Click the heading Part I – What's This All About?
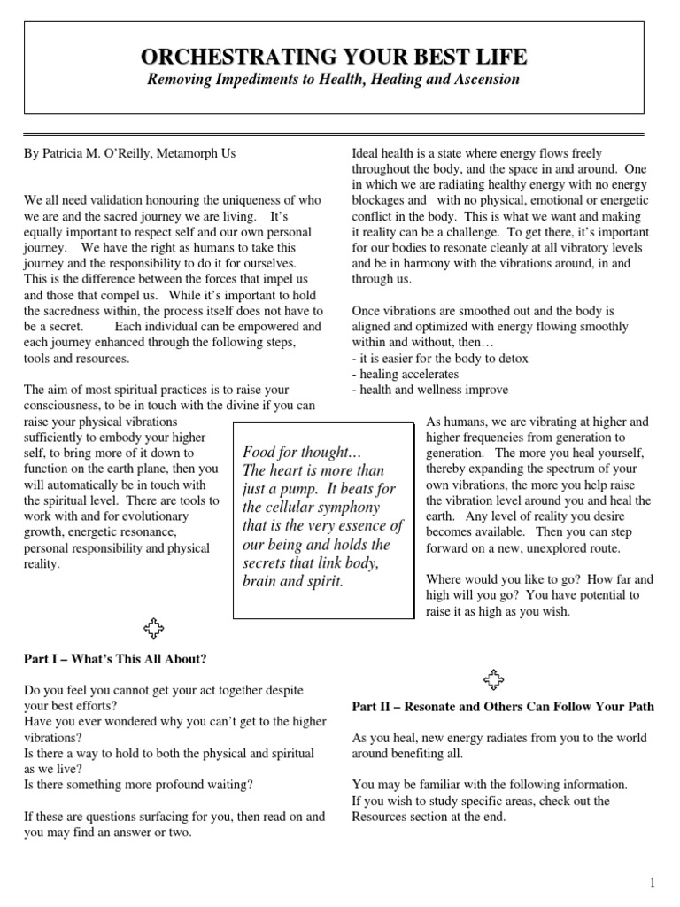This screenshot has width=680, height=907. tap(115, 659)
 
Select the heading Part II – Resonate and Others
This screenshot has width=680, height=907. tap(502, 706)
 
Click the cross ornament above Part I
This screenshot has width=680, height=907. tap(154, 630)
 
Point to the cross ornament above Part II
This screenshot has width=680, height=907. tap(492, 679)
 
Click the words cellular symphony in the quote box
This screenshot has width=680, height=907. tap(311, 507)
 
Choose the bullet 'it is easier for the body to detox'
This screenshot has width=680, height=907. tap(440, 359)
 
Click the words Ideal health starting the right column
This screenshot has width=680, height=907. tap(386, 153)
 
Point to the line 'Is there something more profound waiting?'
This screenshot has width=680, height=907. tap(138, 784)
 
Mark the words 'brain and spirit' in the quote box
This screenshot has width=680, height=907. tap(292, 581)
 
